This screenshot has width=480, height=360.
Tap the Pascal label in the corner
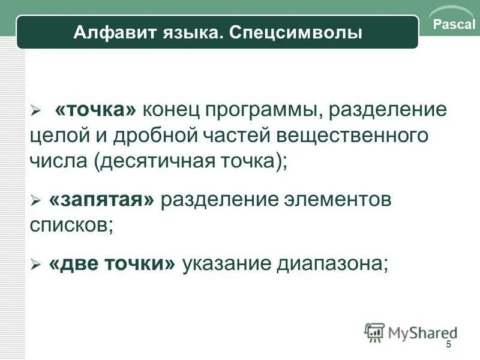(x=454, y=25)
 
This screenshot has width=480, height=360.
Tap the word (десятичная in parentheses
(x=150, y=161)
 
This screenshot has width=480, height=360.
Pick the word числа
(x=57, y=160)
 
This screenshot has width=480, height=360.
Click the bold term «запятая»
(x=103, y=200)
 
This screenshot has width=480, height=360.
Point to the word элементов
(x=334, y=200)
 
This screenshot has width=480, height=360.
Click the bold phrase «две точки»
(x=113, y=264)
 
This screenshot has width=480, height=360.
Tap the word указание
(x=226, y=264)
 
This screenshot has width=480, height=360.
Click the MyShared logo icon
(x=374, y=332)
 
